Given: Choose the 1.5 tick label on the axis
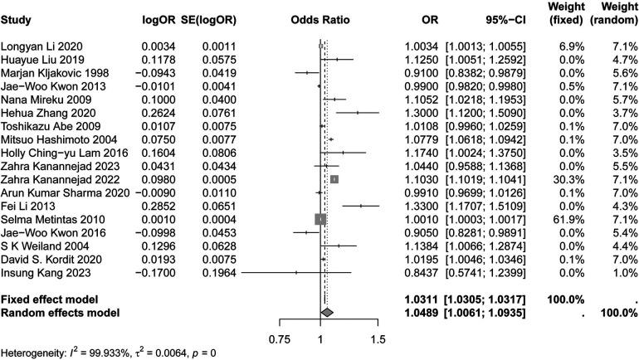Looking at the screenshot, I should point(378,339).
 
